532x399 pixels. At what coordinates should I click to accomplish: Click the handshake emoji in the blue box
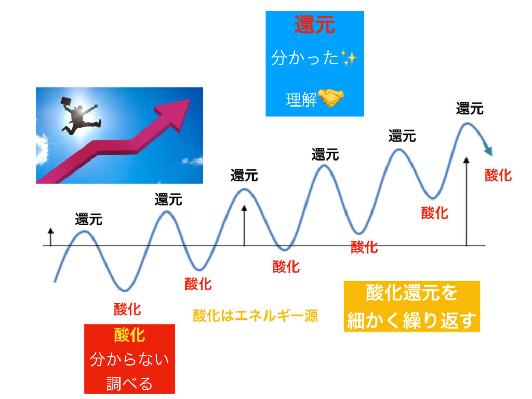pyautogui.click(x=331, y=98)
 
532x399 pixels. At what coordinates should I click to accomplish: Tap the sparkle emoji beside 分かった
pyautogui.click(x=349, y=57)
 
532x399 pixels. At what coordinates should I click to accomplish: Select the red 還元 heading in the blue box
pyautogui.click(x=314, y=24)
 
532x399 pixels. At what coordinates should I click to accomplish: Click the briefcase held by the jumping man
pyautogui.click(x=66, y=101)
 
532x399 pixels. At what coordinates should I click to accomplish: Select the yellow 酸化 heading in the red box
pyautogui.click(x=129, y=335)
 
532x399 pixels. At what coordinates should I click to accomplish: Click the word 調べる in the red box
pyautogui.click(x=129, y=383)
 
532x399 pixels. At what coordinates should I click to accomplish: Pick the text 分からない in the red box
pyautogui.click(x=129, y=359)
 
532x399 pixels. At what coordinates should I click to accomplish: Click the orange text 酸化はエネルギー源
pyautogui.click(x=256, y=316)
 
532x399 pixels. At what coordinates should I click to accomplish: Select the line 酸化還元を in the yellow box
pyautogui.click(x=411, y=293)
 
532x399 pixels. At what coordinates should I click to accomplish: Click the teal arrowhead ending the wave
pyautogui.click(x=488, y=149)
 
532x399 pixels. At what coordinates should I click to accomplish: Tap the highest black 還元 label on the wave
pyautogui.click(x=470, y=109)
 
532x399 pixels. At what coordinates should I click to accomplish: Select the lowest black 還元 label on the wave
pyautogui.click(x=89, y=220)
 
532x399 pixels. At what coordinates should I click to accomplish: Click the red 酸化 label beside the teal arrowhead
pyautogui.click(x=498, y=176)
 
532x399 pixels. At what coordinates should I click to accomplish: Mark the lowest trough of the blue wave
pyautogui.click(x=125, y=291)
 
